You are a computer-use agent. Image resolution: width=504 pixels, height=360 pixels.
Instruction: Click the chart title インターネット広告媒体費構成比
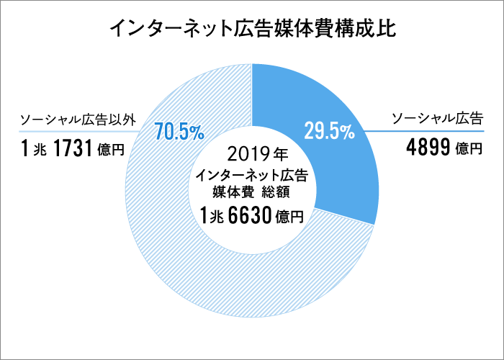coord(252,30)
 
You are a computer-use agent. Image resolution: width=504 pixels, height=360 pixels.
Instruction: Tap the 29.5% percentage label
coord(328,131)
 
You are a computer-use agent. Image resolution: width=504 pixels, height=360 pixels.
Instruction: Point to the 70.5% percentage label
coord(179,131)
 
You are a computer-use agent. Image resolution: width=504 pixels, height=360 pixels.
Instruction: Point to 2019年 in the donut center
coord(252,153)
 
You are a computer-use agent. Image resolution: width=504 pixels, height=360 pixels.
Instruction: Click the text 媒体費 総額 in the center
coord(252,192)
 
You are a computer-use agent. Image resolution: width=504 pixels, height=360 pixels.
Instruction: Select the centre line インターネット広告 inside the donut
coord(252,175)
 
